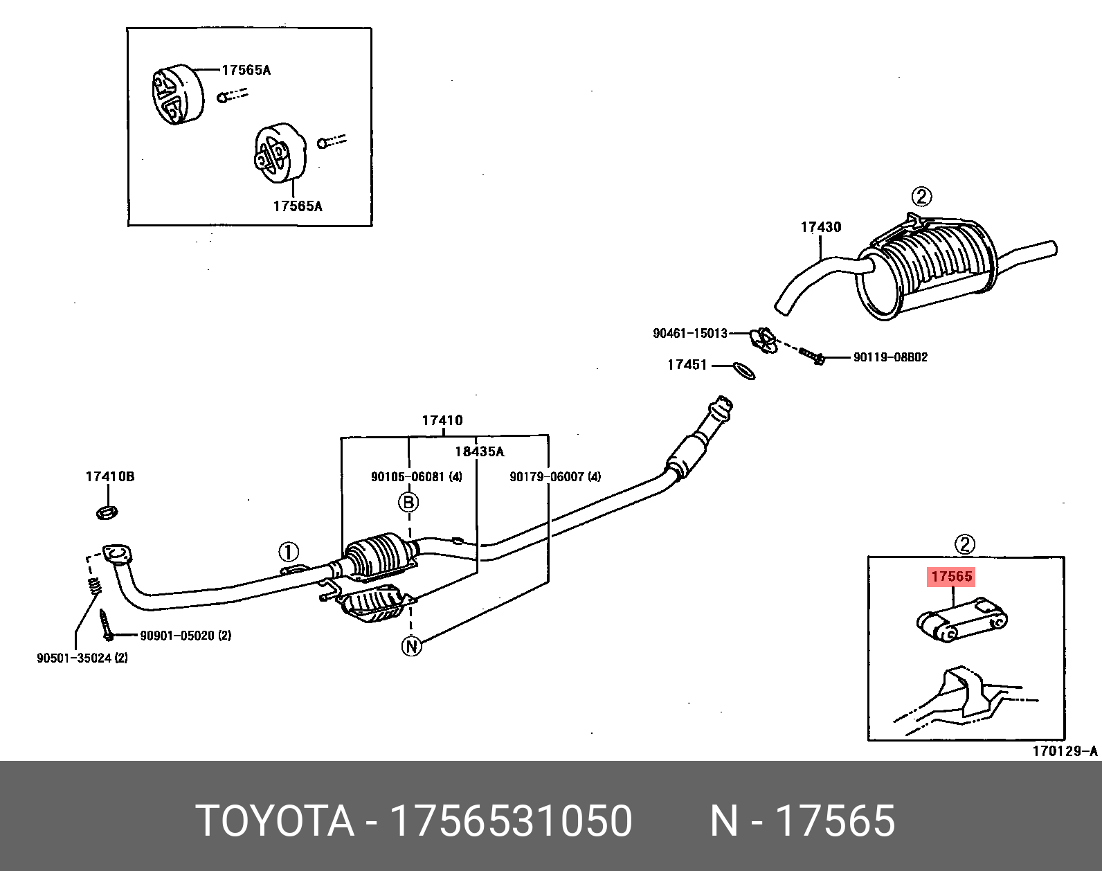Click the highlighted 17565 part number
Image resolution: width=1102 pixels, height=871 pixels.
[x=952, y=576]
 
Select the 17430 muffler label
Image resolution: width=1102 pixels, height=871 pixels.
[x=821, y=227]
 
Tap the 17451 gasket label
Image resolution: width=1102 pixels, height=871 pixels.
[x=687, y=365]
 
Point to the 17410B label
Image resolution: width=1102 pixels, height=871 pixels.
[x=109, y=476]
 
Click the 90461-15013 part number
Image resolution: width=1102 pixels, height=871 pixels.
[x=689, y=334]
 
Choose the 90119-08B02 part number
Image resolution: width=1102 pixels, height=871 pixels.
[x=890, y=357]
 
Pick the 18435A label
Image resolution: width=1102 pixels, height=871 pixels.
[x=479, y=451]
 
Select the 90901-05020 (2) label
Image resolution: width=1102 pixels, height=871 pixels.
[x=186, y=636]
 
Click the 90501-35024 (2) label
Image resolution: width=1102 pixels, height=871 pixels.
[x=82, y=658]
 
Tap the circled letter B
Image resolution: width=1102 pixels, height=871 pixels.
[x=408, y=502]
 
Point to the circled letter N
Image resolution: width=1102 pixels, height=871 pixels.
[x=411, y=646]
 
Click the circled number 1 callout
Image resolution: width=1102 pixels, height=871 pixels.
[x=288, y=553]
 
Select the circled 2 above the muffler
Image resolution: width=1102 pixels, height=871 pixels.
[x=922, y=196]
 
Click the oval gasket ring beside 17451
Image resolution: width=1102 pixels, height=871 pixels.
[x=745, y=370]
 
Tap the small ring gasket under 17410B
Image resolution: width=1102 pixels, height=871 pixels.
[x=107, y=512]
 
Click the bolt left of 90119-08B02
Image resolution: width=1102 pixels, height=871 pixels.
[x=812, y=356]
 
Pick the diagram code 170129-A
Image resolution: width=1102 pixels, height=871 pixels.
[x=1065, y=752]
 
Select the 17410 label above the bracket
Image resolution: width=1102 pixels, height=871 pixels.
[x=442, y=421]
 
